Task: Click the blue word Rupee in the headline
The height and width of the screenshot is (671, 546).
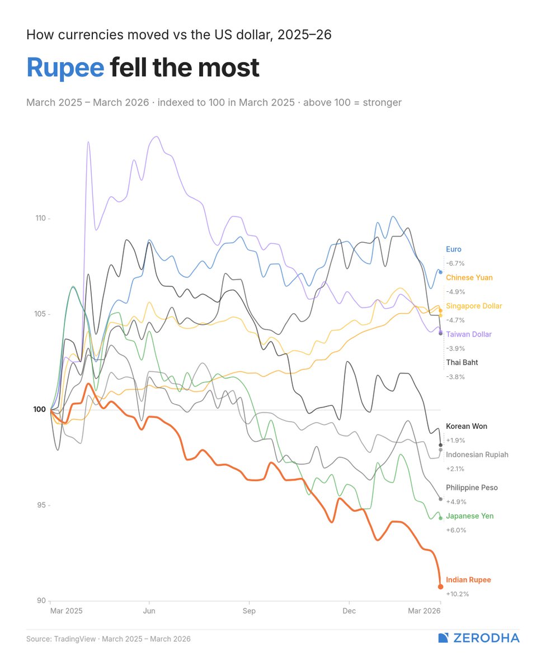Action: tap(65, 68)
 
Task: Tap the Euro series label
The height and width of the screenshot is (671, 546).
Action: tap(454, 249)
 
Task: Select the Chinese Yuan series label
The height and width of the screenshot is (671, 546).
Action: tap(469, 277)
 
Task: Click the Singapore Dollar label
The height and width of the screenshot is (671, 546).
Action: tap(474, 306)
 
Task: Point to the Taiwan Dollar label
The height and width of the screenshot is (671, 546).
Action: tap(469, 334)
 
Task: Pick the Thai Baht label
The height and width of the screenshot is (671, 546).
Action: tap(462, 362)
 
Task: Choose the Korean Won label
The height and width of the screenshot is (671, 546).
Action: tap(467, 426)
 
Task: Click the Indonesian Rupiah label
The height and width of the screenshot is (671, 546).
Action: tap(477, 455)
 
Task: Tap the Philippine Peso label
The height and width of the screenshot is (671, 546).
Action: tap(472, 488)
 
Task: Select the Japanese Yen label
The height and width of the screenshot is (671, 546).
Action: tap(470, 516)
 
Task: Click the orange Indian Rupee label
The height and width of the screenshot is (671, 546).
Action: tap(468, 580)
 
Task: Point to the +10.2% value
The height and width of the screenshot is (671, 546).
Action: tap(457, 594)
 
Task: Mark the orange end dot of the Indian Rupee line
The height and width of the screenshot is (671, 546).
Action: tap(441, 587)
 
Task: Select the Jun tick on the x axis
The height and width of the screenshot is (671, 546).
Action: tap(149, 611)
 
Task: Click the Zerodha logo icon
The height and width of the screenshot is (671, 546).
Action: tap(444, 638)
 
